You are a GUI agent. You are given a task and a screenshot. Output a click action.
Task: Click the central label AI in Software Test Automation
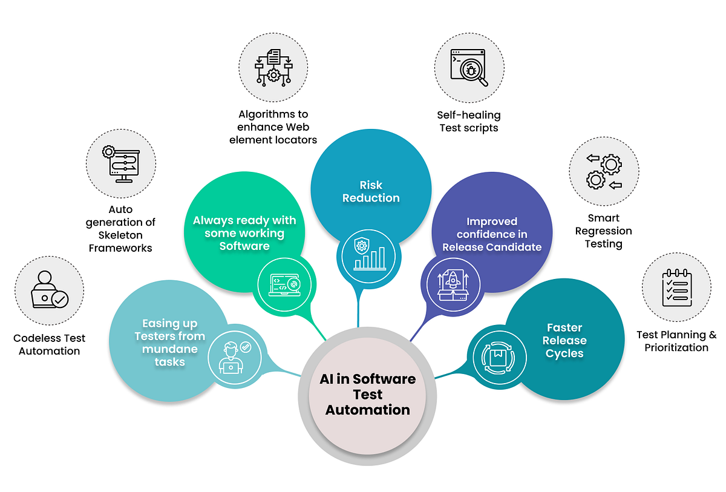[x=367, y=395]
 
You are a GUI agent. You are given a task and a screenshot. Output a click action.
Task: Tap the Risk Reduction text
[x=371, y=191]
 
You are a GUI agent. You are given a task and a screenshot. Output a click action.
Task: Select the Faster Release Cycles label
[x=564, y=341]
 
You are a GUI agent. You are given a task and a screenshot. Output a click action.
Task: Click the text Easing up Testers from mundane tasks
[x=169, y=343]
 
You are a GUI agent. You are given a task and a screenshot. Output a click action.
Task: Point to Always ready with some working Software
[x=244, y=233]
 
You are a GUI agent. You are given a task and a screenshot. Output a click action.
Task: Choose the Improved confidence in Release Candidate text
[x=492, y=234]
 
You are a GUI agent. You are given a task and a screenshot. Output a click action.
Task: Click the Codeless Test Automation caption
[x=50, y=344]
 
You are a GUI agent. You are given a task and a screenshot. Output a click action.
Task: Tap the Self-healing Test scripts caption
[x=468, y=121]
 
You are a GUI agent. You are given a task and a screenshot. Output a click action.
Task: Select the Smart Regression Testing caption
[x=603, y=231]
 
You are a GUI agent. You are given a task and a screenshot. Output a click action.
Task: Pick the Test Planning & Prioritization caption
[x=676, y=341]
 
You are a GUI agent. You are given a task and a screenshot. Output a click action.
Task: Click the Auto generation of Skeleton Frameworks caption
[x=120, y=228]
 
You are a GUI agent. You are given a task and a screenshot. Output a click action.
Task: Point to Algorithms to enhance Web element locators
[x=273, y=126]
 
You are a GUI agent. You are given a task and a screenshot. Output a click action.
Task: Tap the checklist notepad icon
[x=676, y=287]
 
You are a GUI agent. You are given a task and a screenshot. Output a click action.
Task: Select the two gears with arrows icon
[x=604, y=171]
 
